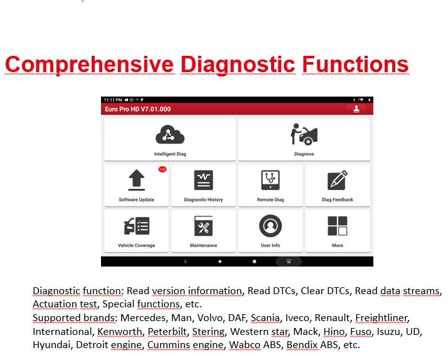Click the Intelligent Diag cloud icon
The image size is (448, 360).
[170, 134]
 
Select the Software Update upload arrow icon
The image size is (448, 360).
[137, 180]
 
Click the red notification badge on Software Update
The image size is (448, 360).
[163, 169]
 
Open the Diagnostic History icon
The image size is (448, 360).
[203, 180]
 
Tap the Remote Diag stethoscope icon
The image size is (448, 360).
[270, 180]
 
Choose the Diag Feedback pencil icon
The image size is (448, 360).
[338, 180]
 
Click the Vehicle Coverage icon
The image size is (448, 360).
[137, 226]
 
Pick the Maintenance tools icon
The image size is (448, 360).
[203, 226]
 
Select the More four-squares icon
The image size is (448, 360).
[338, 226]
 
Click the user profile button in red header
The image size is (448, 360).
[356, 109]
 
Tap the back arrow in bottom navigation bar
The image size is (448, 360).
[186, 262]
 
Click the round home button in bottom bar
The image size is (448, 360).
[220, 262]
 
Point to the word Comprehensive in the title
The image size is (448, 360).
[90, 65]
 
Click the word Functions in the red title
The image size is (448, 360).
[355, 64]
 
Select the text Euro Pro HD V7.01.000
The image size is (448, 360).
[137, 109]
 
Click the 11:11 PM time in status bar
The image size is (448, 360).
[113, 100]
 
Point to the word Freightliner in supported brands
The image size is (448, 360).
[382, 318]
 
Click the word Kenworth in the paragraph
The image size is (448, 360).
[120, 331]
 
